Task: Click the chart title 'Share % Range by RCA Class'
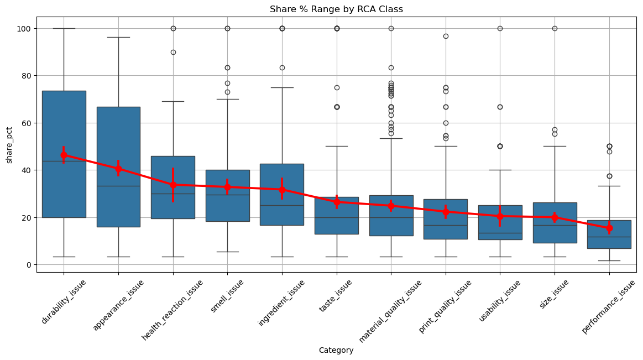pos(336,9)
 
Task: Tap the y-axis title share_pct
pos(9,145)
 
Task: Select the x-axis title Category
pos(336,350)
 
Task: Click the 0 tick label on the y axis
pos(29,265)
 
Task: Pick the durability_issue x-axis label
pos(64,301)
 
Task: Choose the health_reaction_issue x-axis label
pos(172,310)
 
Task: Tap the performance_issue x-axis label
pos(609,307)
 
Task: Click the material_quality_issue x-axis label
pos(390,311)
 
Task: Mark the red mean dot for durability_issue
pos(64,155)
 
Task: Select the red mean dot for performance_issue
pos(609,228)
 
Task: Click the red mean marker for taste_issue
pos(337,202)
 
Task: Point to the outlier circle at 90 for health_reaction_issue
pos(173,52)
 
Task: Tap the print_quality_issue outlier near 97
pos(446,36)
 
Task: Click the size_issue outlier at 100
pos(555,29)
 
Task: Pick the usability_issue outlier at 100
pos(500,29)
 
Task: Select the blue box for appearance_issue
pos(118,167)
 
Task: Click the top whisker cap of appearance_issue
pos(118,37)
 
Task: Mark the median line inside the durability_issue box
pos(64,161)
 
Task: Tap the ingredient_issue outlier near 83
pos(282,67)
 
